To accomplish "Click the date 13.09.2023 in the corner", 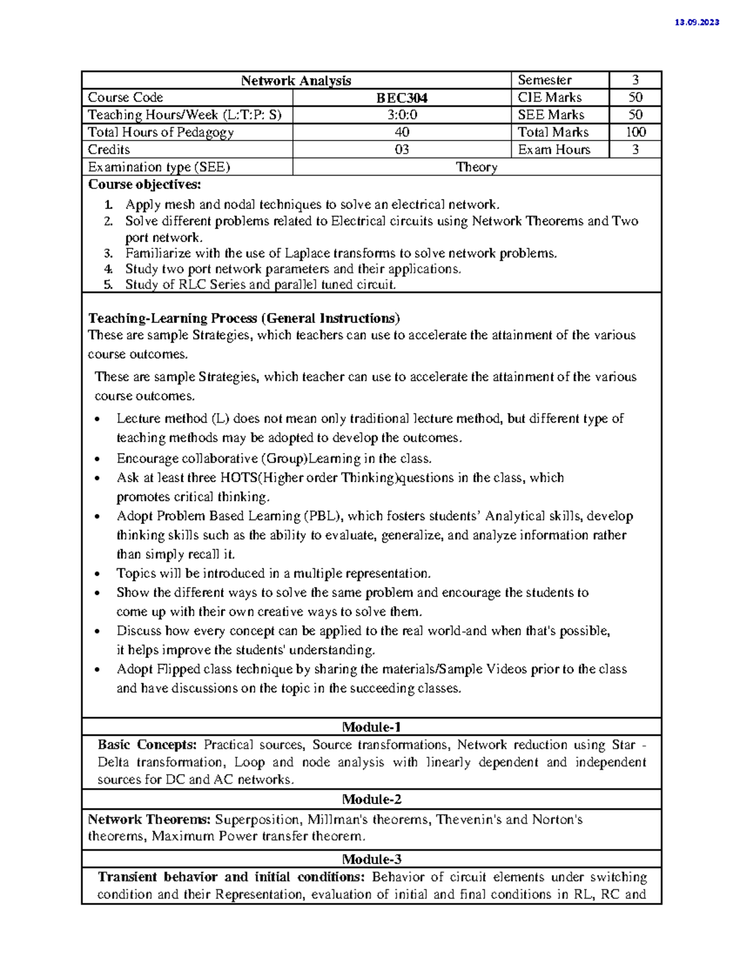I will (697, 22).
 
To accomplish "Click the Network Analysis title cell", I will (296, 81).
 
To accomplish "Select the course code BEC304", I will (402, 98).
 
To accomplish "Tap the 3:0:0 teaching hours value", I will (402, 115).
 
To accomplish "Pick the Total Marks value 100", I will (635, 132).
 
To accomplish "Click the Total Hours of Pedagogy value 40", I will (402, 132).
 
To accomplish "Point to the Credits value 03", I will (402, 150).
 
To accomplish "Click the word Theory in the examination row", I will (476, 167).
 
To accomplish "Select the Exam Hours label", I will (554, 150).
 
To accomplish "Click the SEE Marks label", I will (551, 115).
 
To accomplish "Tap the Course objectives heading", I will (144, 185).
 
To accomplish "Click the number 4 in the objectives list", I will (109, 269).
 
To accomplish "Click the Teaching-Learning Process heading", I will (244, 319).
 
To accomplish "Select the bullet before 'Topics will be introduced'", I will (97, 574).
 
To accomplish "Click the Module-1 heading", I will (371, 727).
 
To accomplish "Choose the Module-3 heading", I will (371, 860).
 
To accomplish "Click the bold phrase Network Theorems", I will (149, 820).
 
